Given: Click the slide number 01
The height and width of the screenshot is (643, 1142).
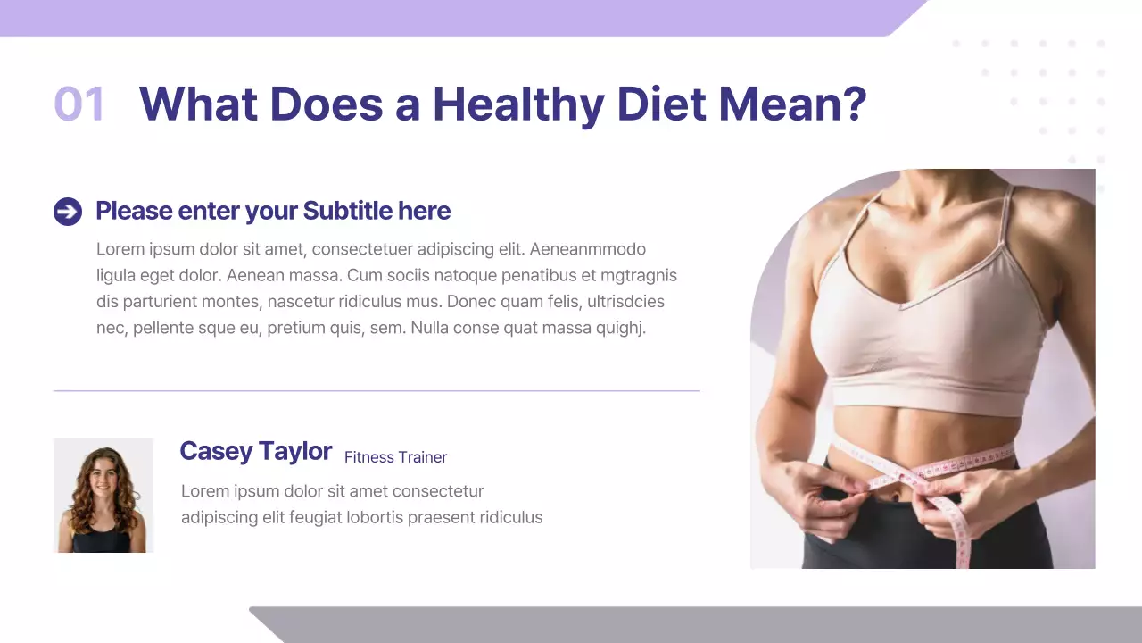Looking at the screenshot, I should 79,104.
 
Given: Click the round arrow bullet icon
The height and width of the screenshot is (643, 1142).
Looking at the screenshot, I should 68,212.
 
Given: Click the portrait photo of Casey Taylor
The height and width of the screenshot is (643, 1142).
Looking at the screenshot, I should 103,495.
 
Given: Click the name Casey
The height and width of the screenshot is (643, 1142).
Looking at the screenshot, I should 216,451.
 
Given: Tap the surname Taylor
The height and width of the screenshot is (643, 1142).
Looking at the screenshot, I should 296,451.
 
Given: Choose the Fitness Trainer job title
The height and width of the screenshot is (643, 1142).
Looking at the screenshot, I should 395,457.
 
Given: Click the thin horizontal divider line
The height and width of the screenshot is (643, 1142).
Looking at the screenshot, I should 377,391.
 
